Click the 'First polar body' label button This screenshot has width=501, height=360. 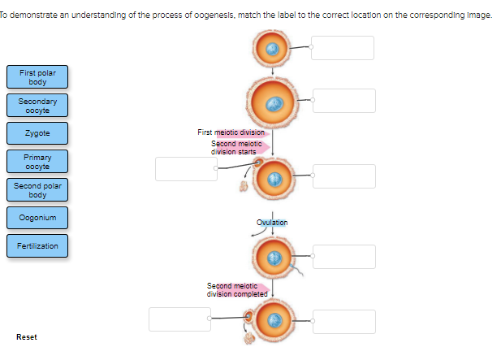click(37, 77)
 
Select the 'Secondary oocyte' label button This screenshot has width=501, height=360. click(37, 105)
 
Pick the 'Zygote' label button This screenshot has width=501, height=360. click(37, 133)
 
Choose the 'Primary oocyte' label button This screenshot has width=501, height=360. click(37, 161)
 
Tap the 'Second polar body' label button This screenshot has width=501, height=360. click(37, 190)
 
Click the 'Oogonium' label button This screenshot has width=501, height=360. click(37, 217)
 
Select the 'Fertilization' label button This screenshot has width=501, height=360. click(37, 245)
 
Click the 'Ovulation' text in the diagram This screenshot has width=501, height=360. click(271, 222)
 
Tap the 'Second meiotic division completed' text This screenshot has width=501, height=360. click(236, 289)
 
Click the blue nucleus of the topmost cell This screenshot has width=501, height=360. click(274, 48)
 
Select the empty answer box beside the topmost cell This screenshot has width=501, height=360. click(343, 48)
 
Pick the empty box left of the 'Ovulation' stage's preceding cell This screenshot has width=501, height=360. click(185, 168)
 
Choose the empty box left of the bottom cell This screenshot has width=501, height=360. click(179, 319)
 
